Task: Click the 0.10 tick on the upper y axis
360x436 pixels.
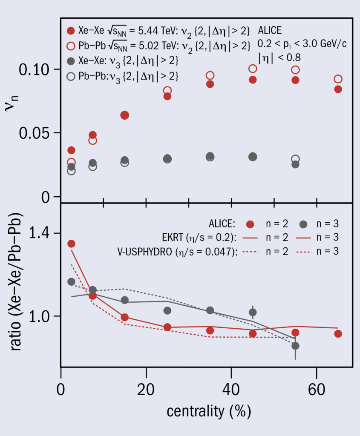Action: [39, 69]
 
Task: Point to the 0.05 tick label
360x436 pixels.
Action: [39, 133]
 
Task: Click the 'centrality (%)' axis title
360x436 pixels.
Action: [208, 411]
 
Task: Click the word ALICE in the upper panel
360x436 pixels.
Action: [270, 30]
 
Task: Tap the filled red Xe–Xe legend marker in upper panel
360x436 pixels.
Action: [71, 31]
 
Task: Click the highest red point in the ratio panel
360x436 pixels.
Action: [71, 244]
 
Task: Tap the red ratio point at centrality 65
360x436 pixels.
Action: [338, 333]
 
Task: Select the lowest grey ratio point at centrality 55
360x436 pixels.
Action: [295, 346]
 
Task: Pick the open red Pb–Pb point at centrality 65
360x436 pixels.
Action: [338, 79]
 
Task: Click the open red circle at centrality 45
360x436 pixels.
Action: [253, 69]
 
